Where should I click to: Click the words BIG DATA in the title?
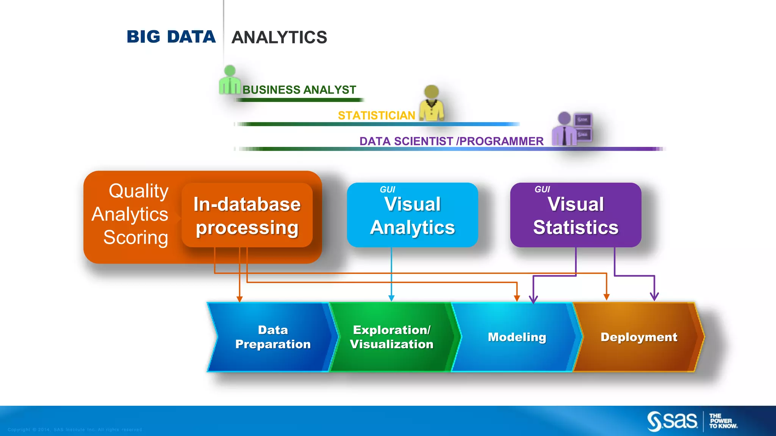[x=171, y=37]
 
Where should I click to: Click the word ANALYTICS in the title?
[x=279, y=37]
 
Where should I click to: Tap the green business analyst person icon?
[x=230, y=80]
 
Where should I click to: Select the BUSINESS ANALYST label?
[x=299, y=90]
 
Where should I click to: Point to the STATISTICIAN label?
[x=376, y=115]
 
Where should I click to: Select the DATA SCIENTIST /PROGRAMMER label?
[x=451, y=141]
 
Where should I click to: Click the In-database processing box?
[x=247, y=215]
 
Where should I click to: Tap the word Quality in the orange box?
[x=138, y=191]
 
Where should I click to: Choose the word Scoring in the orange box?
[x=136, y=238]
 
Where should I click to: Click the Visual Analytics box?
[x=412, y=215]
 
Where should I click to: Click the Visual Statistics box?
[x=576, y=215]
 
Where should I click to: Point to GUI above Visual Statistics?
[x=542, y=189]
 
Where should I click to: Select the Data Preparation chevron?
[x=273, y=337]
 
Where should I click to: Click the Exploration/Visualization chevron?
[x=391, y=337]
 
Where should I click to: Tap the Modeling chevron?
[x=517, y=337]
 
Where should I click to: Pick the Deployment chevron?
[x=639, y=337]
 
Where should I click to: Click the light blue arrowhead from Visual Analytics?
[x=391, y=298]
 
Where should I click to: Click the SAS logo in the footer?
[x=673, y=421]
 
